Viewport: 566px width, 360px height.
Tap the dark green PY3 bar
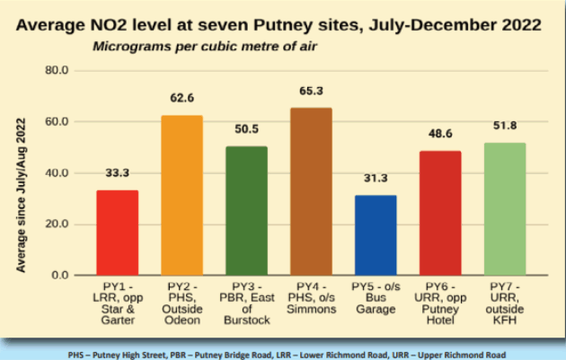click(x=246, y=210)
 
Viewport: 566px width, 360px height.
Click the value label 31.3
click(x=376, y=179)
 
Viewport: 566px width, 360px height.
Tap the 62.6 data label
click(x=181, y=99)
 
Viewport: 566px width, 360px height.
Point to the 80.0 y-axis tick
click(x=56, y=70)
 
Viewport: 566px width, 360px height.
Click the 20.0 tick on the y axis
click(x=56, y=224)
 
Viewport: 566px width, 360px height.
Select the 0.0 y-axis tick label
click(x=59, y=275)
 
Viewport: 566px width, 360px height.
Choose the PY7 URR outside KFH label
click(x=505, y=302)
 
